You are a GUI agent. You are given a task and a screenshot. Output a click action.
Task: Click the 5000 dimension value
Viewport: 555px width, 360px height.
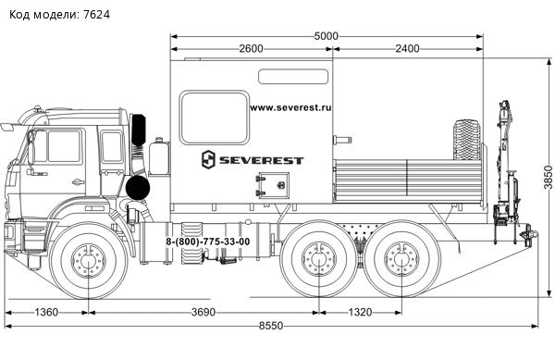[x=326, y=36]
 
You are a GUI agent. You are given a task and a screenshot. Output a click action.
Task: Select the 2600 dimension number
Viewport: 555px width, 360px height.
[x=251, y=48]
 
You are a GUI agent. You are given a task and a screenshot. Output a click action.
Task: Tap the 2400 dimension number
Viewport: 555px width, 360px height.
[x=407, y=48]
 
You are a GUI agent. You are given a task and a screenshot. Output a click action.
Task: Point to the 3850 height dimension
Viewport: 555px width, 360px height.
[x=548, y=178]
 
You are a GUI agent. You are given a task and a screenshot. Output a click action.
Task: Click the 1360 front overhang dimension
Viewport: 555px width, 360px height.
[x=46, y=312]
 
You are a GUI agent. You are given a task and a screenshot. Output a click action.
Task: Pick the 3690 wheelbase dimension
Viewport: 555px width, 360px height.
[x=203, y=312]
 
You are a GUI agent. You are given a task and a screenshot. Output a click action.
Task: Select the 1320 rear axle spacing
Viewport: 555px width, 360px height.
[x=360, y=312]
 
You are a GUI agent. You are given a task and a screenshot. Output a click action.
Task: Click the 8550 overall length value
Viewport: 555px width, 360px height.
[x=271, y=326]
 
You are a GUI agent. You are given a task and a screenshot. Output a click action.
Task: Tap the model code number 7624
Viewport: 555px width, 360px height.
[x=96, y=15]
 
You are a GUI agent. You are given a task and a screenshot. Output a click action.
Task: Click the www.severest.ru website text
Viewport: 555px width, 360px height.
[x=290, y=107]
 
